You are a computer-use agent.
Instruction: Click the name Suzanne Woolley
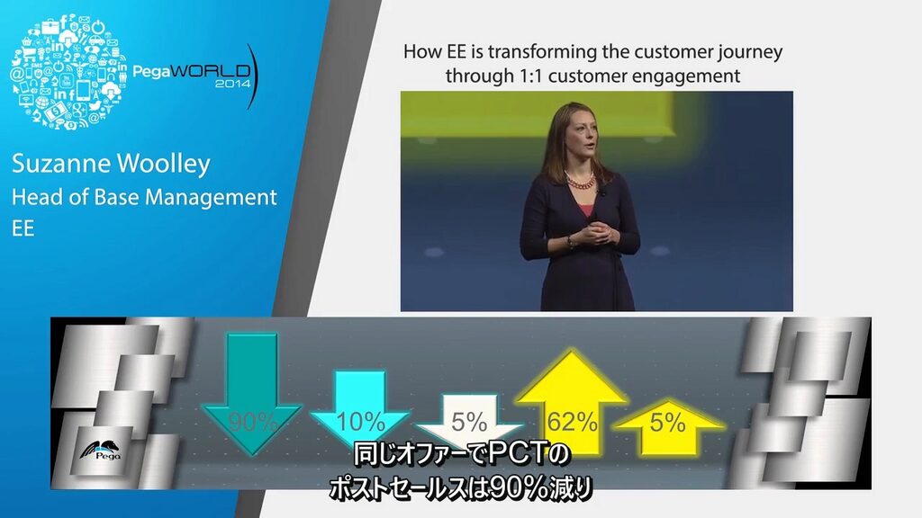coord(111,164)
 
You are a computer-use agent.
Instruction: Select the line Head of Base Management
coord(144,197)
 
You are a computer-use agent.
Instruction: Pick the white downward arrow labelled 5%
coord(469,416)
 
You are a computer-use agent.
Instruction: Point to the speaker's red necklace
coord(580,179)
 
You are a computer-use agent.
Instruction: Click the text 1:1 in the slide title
coord(528,76)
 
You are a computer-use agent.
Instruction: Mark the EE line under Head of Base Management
coord(23,228)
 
